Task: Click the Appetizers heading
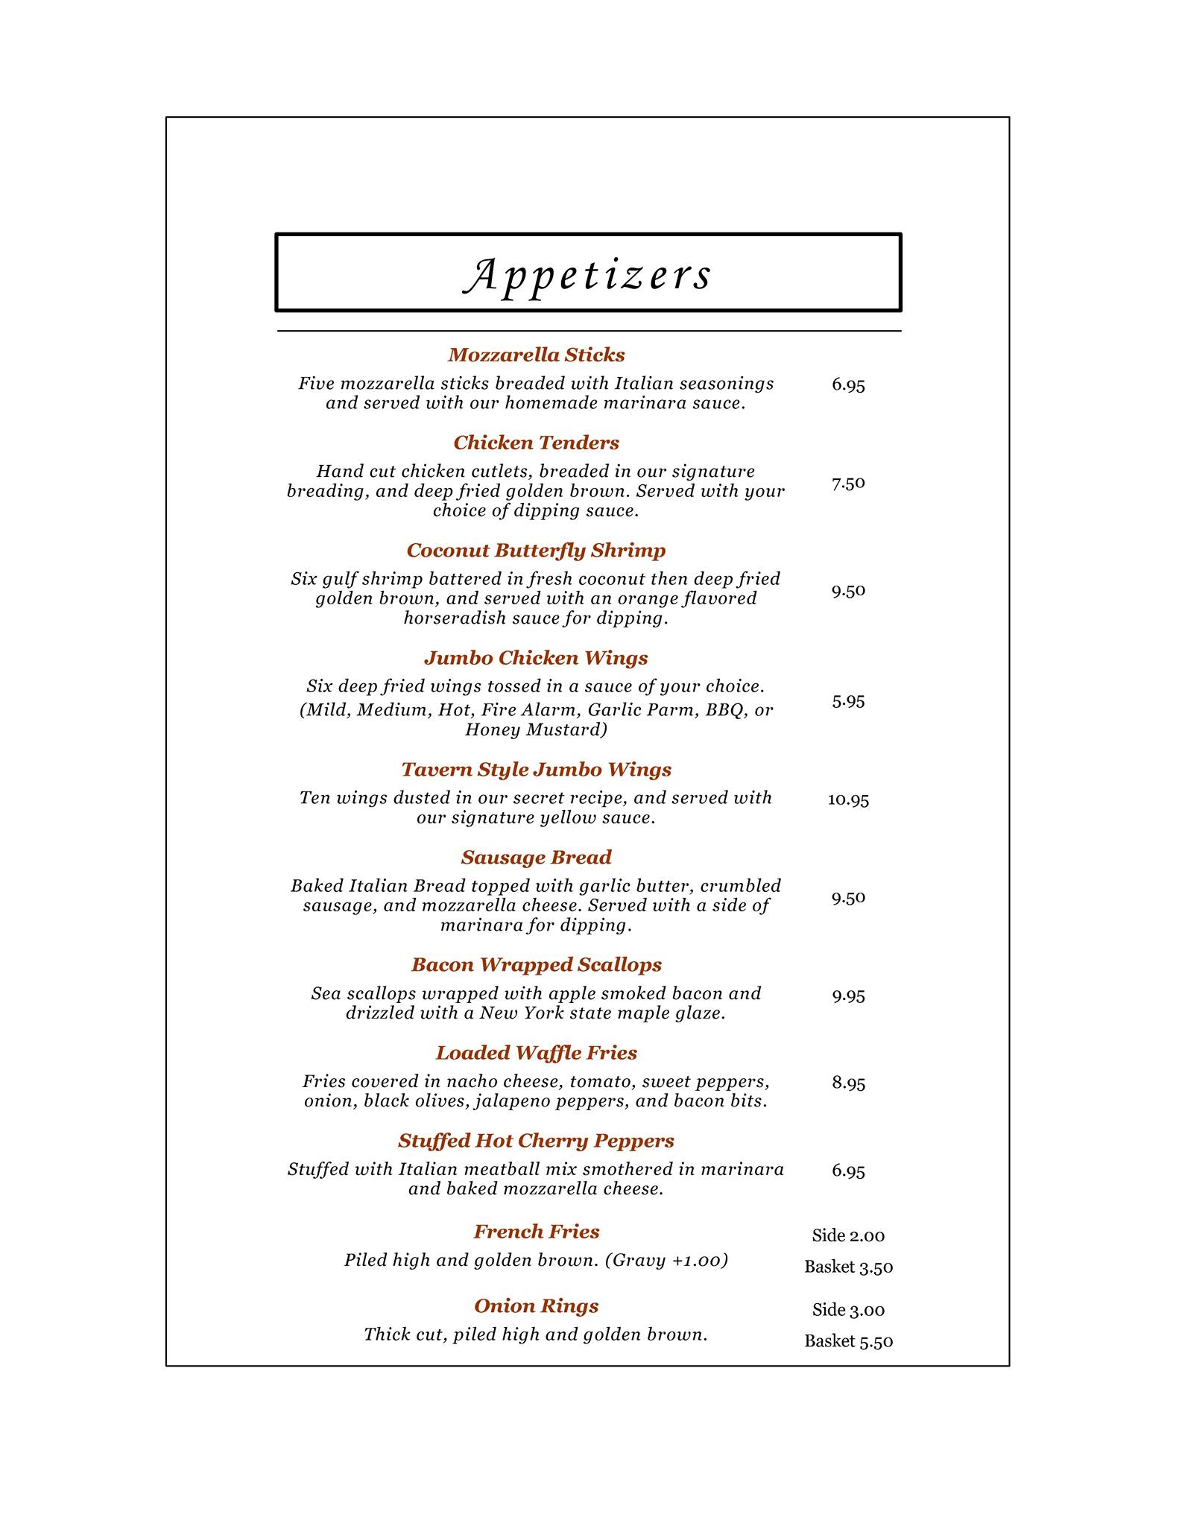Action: coord(588,274)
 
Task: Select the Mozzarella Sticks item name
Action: coord(536,355)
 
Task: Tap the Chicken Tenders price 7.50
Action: coord(848,483)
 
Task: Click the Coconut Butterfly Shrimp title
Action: coord(536,550)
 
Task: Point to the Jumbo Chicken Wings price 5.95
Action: coord(848,700)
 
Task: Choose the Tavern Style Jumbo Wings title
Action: coord(536,769)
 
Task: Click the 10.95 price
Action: coord(848,800)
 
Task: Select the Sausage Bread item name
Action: coord(536,857)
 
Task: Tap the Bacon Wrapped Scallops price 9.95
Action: coord(848,995)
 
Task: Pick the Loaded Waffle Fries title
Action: coord(536,1052)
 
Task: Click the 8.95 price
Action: coord(848,1083)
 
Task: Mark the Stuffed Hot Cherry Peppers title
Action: coord(536,1140)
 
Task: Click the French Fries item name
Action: coord(536,1231)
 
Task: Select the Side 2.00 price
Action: coord(848,1235)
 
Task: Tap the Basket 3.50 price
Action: coord(848,1267)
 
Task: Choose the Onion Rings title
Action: coord(536,1305)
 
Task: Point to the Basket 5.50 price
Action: coord(848,1341)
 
